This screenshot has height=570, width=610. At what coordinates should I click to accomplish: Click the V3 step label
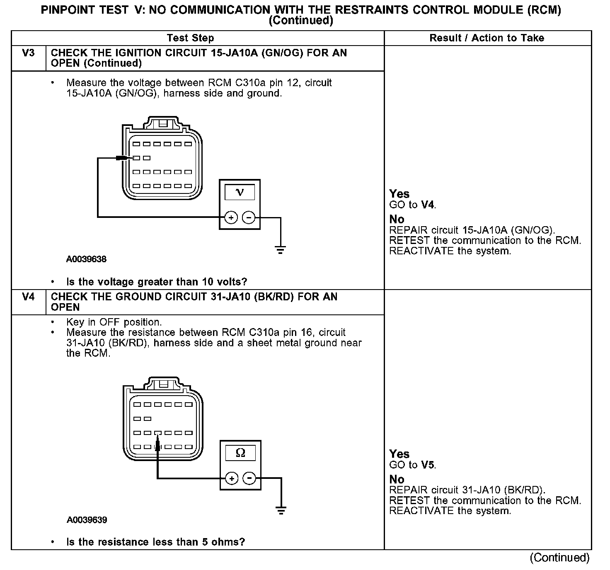[x=28, y=53]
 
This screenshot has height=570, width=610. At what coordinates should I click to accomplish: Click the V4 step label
[x=28, y=297]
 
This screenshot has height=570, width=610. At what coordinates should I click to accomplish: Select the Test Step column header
[x=190, y=38]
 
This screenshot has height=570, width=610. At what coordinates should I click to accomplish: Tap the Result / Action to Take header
[x=487, y=38]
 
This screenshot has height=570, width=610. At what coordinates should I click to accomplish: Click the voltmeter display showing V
[x=240, y=192]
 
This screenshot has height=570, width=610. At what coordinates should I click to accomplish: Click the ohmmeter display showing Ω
[x=240, y=453]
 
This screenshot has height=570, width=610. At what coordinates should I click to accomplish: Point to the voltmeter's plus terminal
[x=231, y=217]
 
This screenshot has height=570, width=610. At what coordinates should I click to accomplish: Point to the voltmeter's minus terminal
[x=249, y=217]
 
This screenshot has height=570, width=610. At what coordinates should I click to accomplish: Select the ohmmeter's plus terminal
[x=232, y=478]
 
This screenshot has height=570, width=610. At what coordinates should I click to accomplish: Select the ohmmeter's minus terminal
[x=249, y=478]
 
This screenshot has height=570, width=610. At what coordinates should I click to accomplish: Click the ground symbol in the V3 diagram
[x=281, y=250]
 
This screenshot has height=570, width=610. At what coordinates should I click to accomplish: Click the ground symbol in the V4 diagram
[x=281, y=510]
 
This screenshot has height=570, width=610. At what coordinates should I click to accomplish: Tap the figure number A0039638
[x=86, y=259]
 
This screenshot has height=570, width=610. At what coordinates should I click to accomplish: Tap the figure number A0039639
[x=87, y=520]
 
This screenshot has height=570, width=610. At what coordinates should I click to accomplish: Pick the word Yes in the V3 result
[x=399, y=194]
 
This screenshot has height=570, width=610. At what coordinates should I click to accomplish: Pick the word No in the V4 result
[x=397, y=479]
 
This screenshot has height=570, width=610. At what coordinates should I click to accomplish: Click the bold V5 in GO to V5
[x=428, y=465]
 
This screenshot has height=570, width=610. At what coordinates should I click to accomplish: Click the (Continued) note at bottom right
[x=559, y=558]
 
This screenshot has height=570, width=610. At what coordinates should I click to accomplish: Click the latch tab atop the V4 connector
[x=164, y=383]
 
